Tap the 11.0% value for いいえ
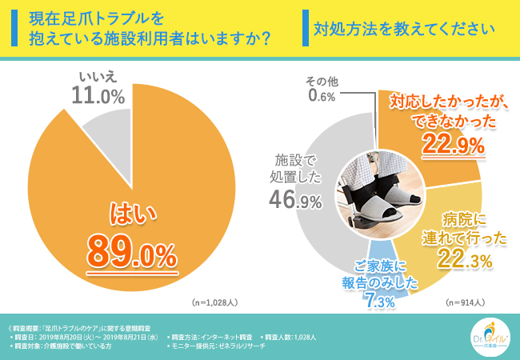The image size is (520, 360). pyautogui.click(x=101, y=97)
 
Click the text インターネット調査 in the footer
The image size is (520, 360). pyautogui.click(x=230, y=338)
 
